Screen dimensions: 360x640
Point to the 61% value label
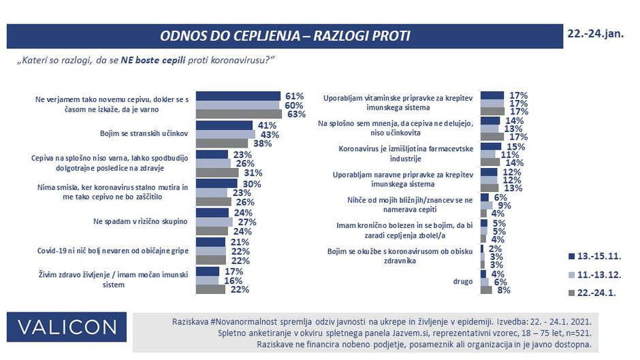coord(294,96)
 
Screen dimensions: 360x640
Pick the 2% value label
coord(496,249)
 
